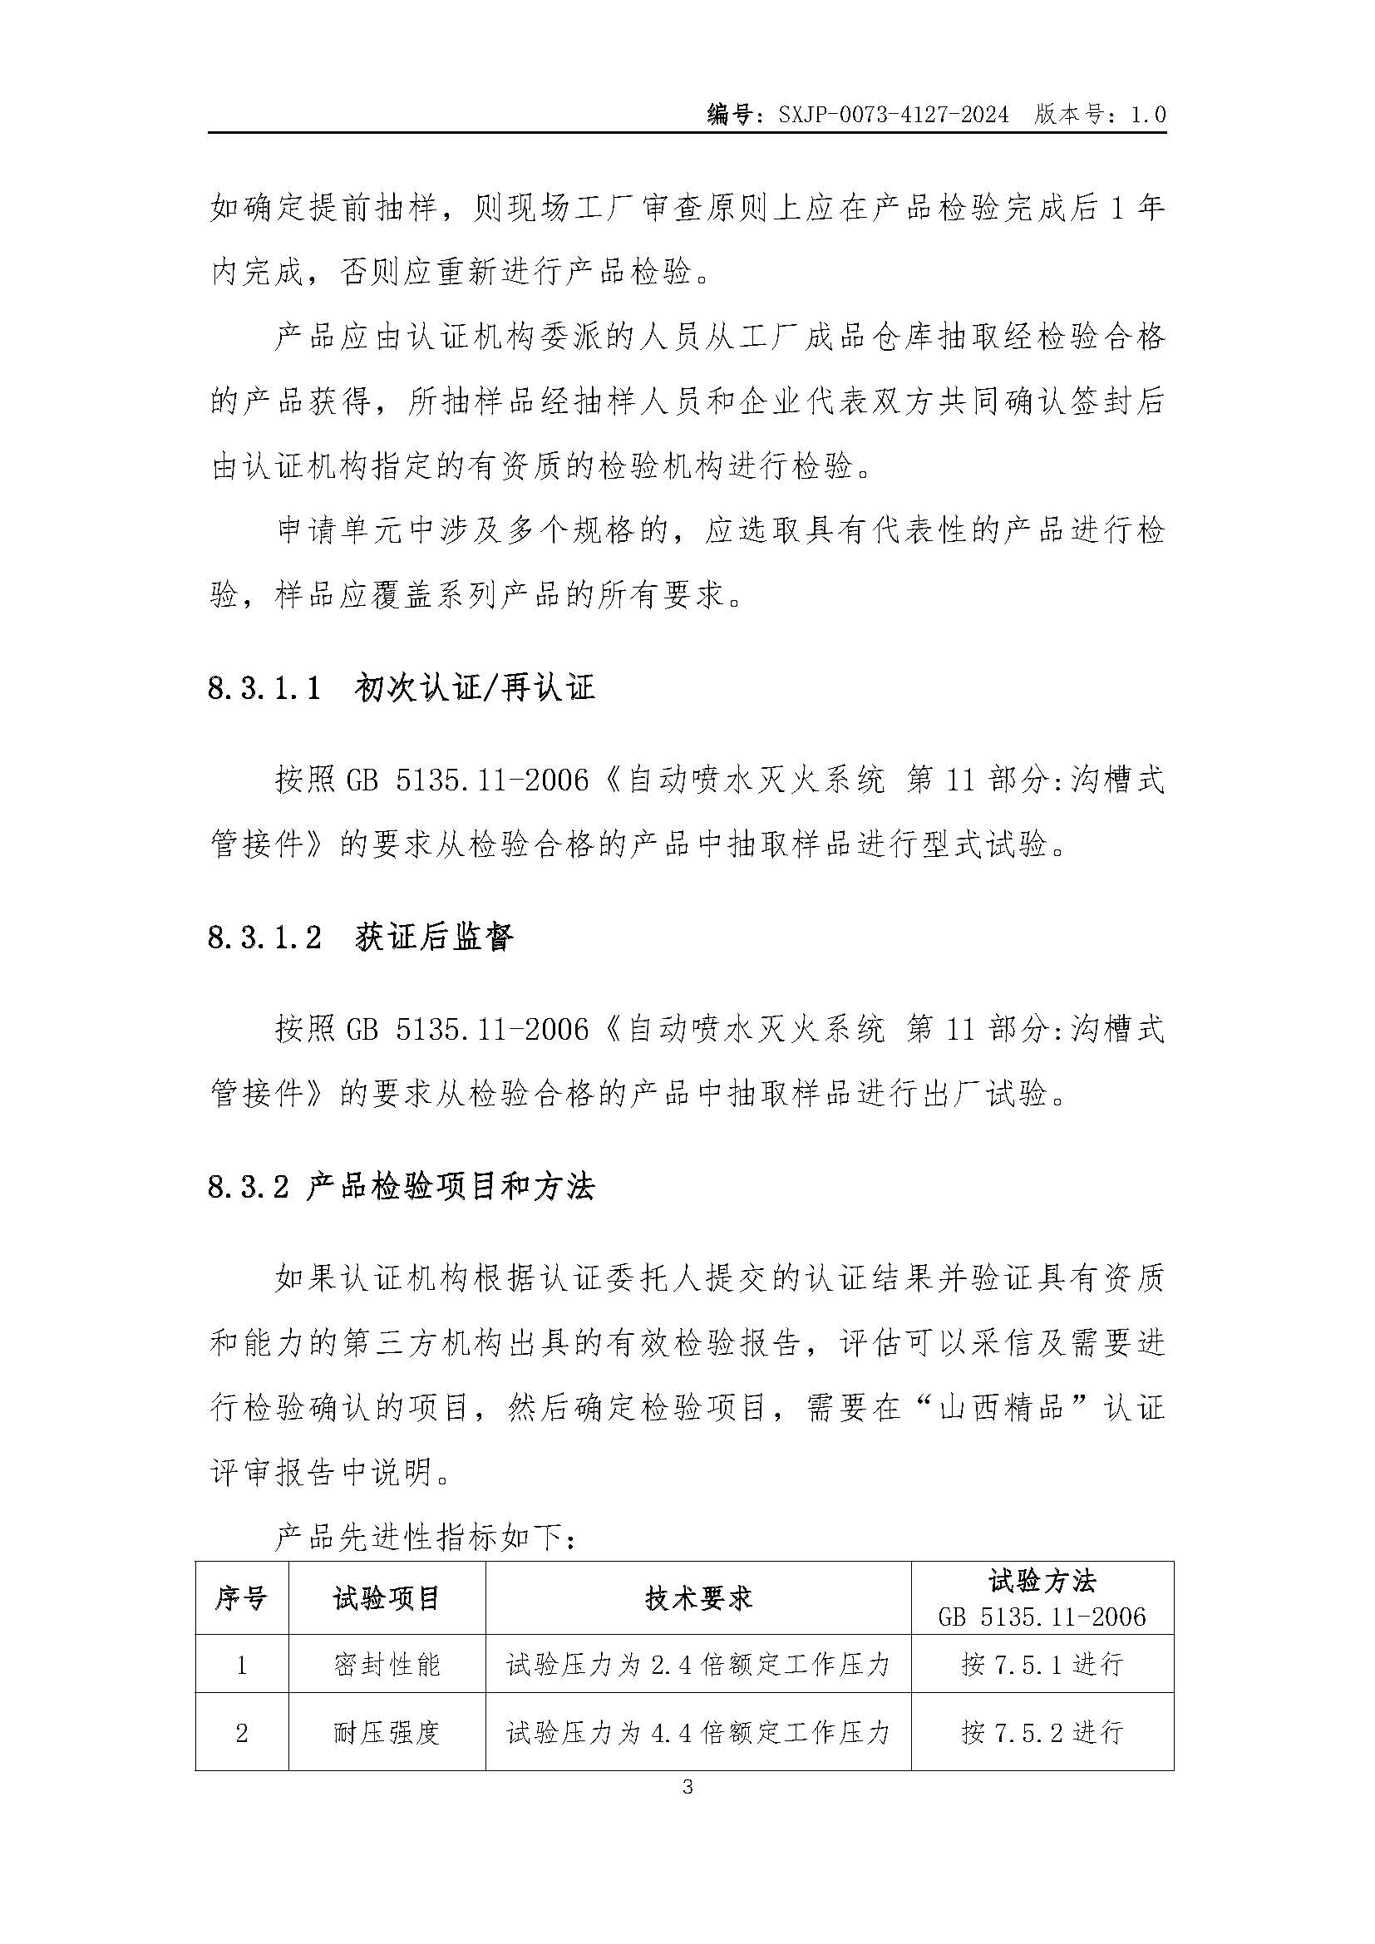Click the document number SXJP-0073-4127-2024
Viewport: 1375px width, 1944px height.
click(893, 115)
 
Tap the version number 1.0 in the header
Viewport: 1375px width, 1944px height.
click(1148, 115)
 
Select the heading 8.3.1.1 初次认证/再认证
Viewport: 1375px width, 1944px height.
click(402, 687)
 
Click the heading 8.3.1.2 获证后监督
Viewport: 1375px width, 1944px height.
click(361, 937)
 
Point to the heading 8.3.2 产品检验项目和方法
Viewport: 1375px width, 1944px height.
click(402, 1186)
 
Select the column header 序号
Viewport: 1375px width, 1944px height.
click(241, 1598)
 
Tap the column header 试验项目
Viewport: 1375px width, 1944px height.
click(387, 1598)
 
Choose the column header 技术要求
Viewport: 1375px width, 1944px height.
click(698, 1598)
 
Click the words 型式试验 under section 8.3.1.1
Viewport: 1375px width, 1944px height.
click(983, 844)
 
